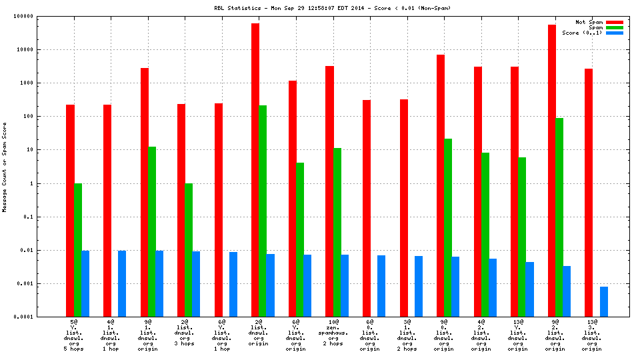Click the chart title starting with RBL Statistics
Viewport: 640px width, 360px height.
(x=327, y=8)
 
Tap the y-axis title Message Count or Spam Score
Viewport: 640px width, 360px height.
(x=5, y=167)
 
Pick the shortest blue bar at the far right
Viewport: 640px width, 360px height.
(x=604, y=301)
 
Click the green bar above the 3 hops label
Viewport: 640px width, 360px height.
(x=189, y=250)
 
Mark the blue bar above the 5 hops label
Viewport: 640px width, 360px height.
(x=85, y=283)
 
